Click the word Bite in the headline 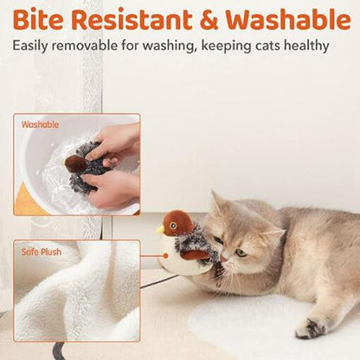click(x=38, y=19)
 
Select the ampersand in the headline click(x=209, y=20)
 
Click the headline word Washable click(x=288, y=19)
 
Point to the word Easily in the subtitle click(x=30, y=46)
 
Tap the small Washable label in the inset click(x=40, y=125)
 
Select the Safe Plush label click(x=42, y=252)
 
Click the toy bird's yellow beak click(x=160, y=230)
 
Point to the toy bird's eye click(x=173, y=225)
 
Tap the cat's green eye click(x=241, y=253)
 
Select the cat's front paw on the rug click(x=310, y=328)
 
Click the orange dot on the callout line click(x=165, y=255)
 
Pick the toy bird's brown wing click(x=194, y=255)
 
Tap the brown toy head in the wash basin click(x=75, y=164)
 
